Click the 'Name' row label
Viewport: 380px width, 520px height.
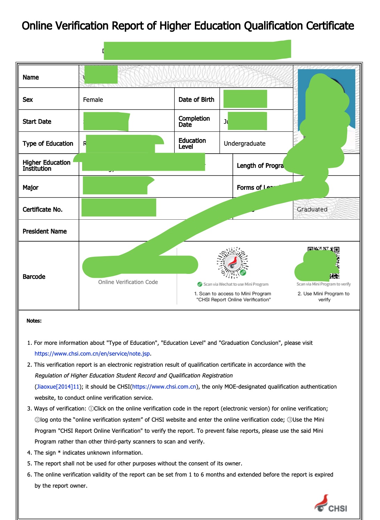click(x=31, y=77)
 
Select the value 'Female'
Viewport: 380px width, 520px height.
click(x=93, y=100)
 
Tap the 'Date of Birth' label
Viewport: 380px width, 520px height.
click(x=196, y=100)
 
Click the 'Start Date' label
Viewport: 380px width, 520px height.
click(x=37, y=121)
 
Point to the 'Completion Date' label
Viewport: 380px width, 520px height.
click(x=194, y=121)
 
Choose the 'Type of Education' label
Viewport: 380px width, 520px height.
click(x=48, y=144)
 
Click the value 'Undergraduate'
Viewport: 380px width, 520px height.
click(x=244, y=144)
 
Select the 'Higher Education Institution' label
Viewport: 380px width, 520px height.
click(x=46, y=165)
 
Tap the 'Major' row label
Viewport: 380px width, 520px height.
click(x=31, y=188)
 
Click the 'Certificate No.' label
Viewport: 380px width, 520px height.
click(x=42, y=209)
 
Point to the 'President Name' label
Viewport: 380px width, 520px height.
click(x=45, y=231)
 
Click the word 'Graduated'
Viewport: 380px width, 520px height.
click(x=312, y=209)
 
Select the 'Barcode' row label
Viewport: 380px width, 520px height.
click(x=34, y=277)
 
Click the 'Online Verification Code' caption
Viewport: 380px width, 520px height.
click(x=128, y=282)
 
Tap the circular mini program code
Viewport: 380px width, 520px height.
click(x=232, y=262)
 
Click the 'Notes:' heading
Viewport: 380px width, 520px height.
click(x=34, y=321)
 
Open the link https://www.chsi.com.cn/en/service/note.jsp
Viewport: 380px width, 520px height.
click(x=92, y=354)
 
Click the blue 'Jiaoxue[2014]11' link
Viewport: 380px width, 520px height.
click(x=58, y=387)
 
